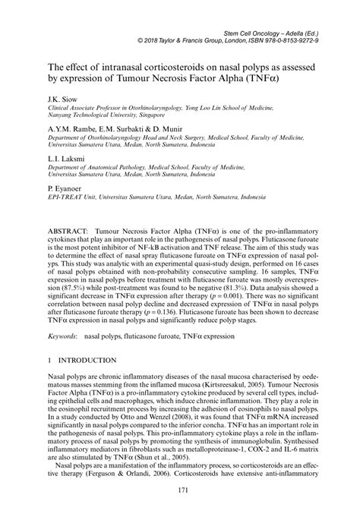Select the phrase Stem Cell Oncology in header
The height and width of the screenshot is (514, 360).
coord(251,25)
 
